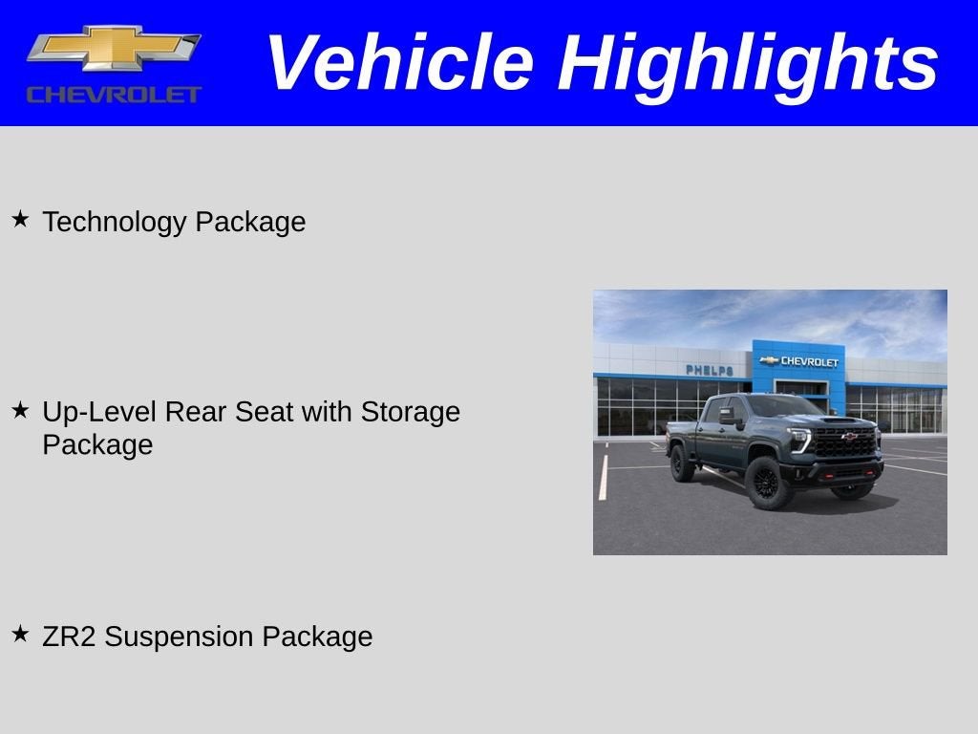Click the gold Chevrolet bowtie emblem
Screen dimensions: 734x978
coord(114,48)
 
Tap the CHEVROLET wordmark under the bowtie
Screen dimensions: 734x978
coord(114,94)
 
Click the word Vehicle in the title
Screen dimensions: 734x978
coord(398,63)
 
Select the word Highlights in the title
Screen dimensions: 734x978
coord(748,63)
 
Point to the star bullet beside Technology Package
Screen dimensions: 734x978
coord(20,220)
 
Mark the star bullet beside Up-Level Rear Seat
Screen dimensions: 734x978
coord(20,410)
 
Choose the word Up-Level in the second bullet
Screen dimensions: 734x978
coord(99,412)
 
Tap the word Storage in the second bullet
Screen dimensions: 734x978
coord(410,412)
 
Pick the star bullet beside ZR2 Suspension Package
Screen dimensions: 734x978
coord(20,634)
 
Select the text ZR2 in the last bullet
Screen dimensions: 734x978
coord(69,637)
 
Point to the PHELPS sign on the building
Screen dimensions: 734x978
coord(710,370)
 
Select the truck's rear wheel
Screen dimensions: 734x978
coord(682,464)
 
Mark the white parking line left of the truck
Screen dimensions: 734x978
coord(603,477)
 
